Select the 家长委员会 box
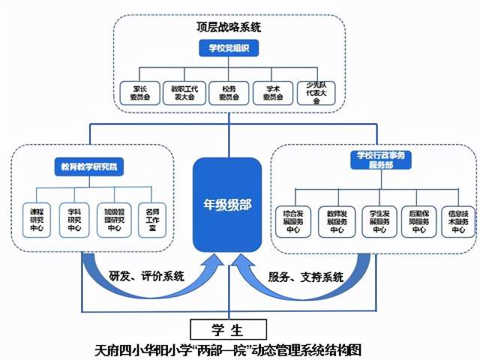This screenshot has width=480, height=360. (x=136, y=92)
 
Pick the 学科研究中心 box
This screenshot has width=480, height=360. (x=74, y=218)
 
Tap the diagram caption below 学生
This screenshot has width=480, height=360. (x=229, y=349)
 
